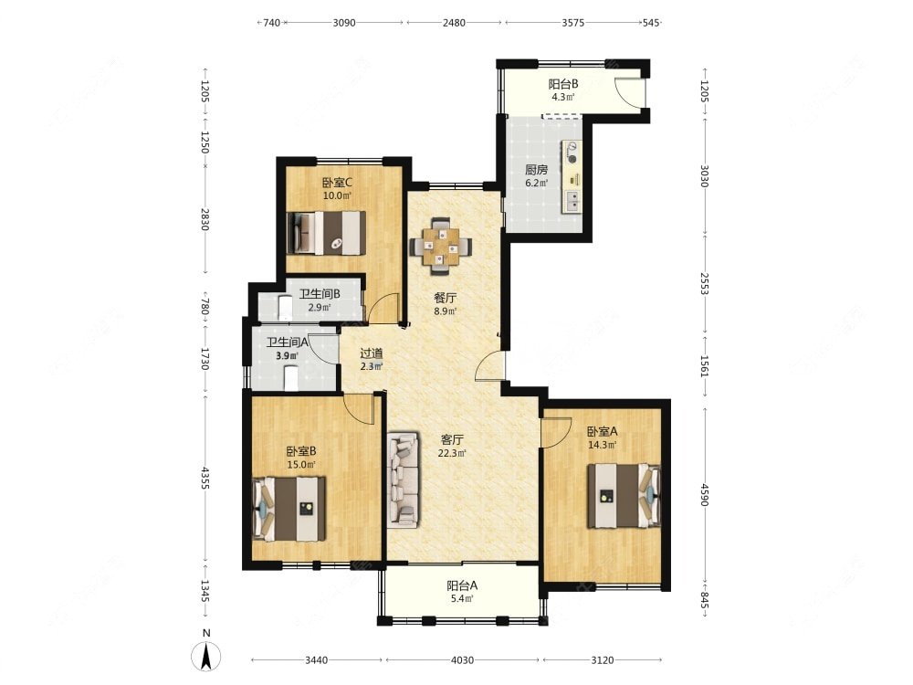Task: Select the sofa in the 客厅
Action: [403, 479]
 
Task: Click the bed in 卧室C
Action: [327, 232]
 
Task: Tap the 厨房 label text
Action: [536, 170]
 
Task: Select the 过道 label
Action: [371, 353]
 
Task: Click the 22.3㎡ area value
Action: [451, 453]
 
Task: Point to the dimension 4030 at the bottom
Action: [462, 660]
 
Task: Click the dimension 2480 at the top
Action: [454, 23]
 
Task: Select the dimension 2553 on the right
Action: [705, 284]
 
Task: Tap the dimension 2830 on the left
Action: [205, 219]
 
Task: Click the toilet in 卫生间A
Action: [290, 377]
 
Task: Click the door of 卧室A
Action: [555, 433]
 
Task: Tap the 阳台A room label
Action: [462, 585]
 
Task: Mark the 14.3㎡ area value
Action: [602, 445]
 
